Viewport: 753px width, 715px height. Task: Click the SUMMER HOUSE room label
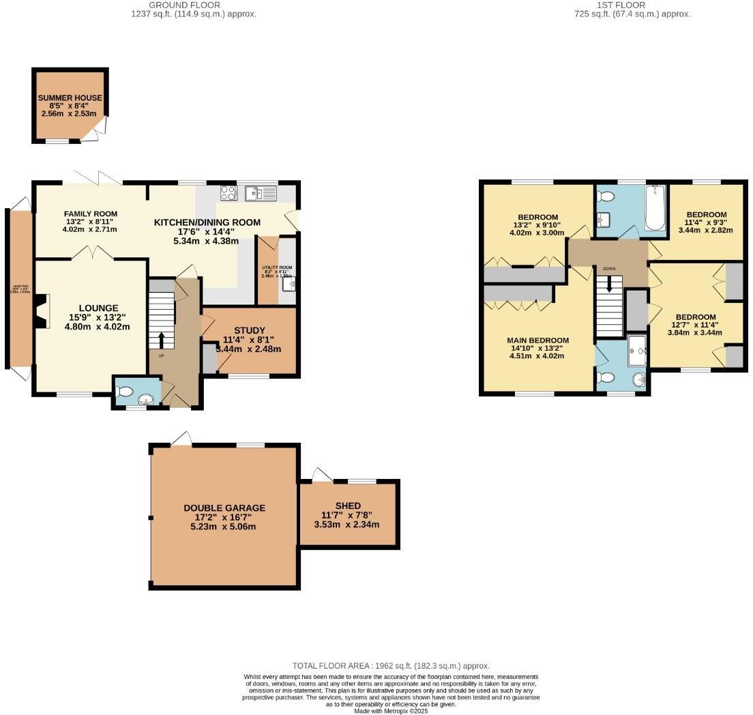click(x=70, y=98)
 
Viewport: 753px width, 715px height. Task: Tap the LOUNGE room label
click(x=98, y=308)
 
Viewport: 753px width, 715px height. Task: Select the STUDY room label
click(x=248, y=330)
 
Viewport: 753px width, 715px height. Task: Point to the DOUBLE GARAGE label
click(x=224, y=508)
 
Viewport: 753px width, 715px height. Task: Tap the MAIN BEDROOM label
click(x=537, y=340)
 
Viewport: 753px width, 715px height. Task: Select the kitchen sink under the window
click(x=261, y=193)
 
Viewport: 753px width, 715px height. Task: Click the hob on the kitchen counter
click(x=228, y=193)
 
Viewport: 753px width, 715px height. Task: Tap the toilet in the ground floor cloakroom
click(x=124, y=392)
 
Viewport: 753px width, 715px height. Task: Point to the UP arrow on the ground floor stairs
click(x=161, y=339)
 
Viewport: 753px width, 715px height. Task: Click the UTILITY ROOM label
click(x=276, y=267)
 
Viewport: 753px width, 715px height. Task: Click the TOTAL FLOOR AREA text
click(x=391, y=666)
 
